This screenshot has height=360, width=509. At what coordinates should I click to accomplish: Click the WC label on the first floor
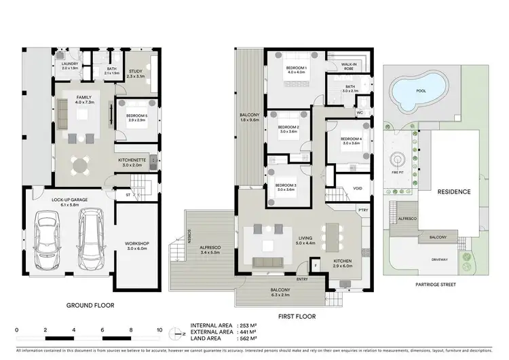coord(360,112)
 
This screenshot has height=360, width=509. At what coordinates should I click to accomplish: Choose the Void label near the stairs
coord(358,190)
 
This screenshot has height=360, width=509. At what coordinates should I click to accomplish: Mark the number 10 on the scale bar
coord(159,329)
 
